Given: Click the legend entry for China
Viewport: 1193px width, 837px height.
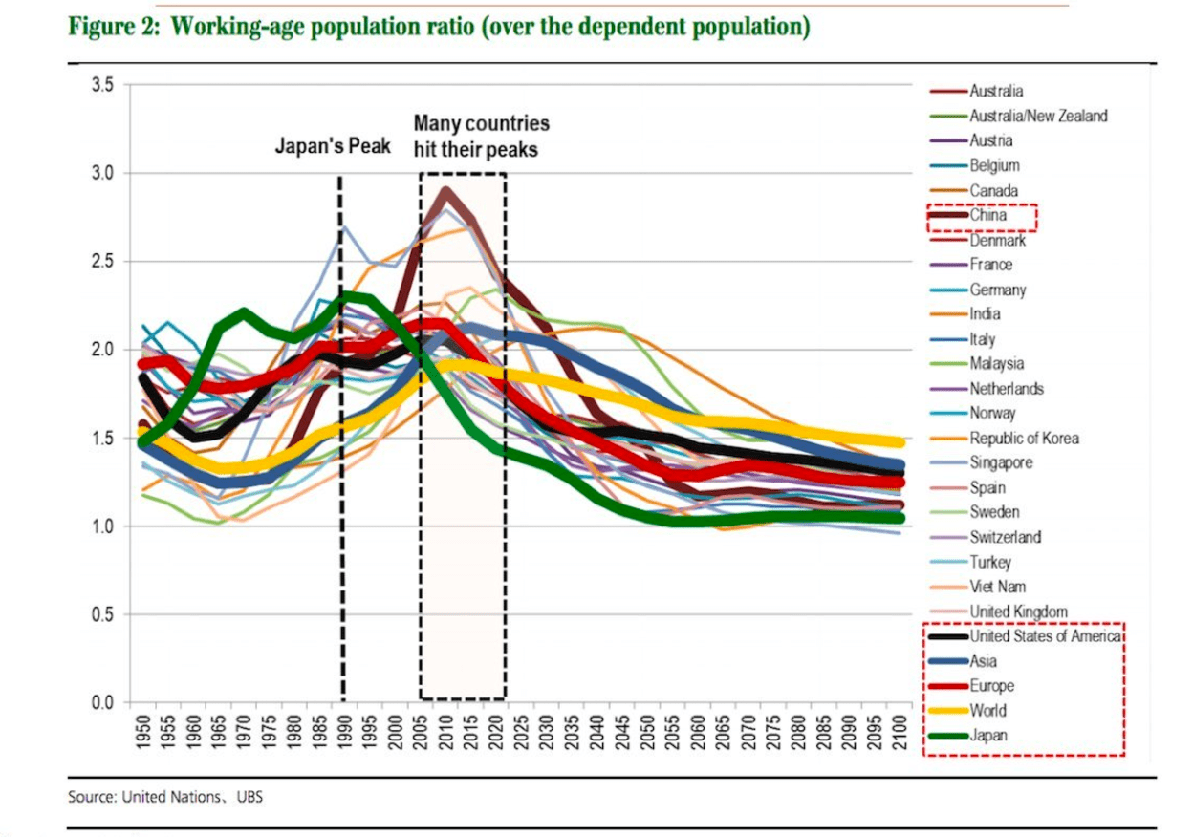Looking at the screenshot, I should (987, 216).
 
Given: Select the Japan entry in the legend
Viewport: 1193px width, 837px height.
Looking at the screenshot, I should (988, 736).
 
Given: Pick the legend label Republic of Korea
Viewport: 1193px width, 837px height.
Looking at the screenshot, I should (1024, 439).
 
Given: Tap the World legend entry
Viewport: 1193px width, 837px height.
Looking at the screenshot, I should (988, 711).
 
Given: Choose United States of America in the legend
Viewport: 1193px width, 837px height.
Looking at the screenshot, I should (1045, 636).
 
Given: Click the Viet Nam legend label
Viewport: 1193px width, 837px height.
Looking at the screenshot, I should (998, 587).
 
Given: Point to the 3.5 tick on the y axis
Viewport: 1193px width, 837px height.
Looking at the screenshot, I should (103, 85).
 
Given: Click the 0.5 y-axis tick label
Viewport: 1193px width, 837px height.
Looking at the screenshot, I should (103, 614).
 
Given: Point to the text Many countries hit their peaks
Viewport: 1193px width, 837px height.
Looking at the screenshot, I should (481, 137).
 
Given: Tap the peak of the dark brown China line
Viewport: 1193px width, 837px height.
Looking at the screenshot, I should (445, 191).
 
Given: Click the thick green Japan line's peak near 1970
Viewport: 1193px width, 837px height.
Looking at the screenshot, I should (244, 312).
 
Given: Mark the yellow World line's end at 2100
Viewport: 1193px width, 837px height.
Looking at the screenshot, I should (898, 442).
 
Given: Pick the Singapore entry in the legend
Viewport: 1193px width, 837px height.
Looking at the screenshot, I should (1001, 463).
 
